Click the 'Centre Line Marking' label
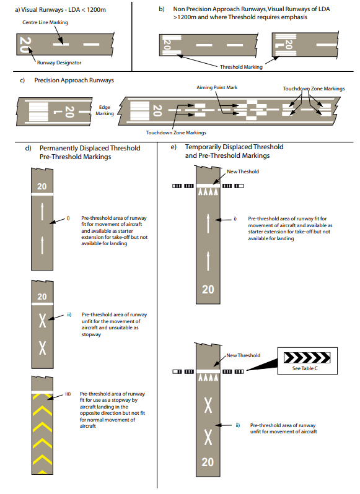45,22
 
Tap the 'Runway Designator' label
59,63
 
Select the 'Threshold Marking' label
241,67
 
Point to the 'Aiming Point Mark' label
217,87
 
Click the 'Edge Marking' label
105,110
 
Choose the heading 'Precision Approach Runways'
74,80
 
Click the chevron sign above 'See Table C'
307,358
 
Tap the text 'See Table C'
305,368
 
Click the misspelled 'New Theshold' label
243,171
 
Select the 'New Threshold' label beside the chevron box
244,355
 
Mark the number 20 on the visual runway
25,45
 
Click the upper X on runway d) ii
42,321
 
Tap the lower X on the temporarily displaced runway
208,437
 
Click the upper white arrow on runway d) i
42,212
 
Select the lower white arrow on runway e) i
208,261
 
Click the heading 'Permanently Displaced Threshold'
90,148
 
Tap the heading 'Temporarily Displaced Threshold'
234,147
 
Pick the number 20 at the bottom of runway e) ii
208,462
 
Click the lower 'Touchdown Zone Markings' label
176,132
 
